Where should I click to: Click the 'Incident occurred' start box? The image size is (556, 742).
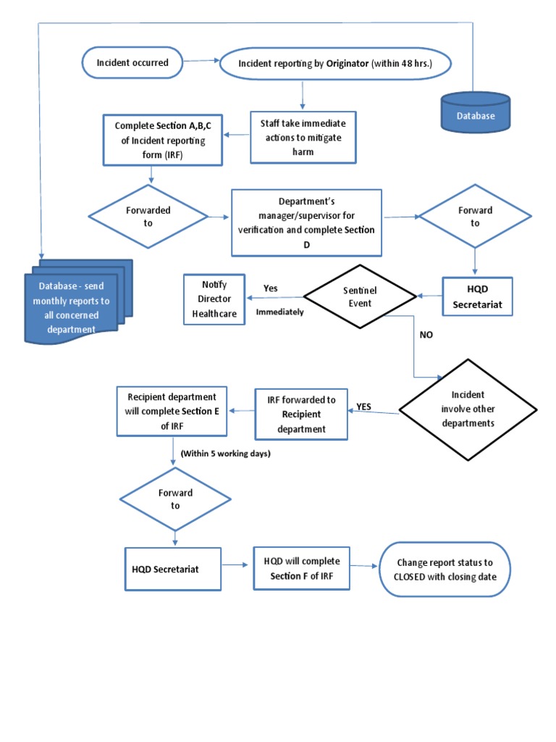[x=133, y=63]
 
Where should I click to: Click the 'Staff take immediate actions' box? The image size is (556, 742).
[x=303, y=137]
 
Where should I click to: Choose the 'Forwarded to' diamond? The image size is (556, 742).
[x=148, y=216]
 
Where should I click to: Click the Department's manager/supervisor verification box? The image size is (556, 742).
[x=306, y=222]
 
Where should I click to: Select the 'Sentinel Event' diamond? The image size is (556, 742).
[x=360, y=296]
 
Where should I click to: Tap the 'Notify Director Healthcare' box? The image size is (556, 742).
[x=214, y=300]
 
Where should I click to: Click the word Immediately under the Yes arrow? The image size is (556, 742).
[x=280, y=312]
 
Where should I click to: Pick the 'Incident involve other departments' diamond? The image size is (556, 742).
[x=468, y=409]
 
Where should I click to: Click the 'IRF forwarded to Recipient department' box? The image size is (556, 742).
[x=301, y=414]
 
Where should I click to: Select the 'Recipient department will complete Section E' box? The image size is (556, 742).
[x=172, y=411]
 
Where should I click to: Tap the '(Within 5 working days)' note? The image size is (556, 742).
[x=221, y=454]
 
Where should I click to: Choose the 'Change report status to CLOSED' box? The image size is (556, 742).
[x=445, y=569]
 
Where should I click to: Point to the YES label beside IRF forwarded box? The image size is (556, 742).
[x=363, y=407]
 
